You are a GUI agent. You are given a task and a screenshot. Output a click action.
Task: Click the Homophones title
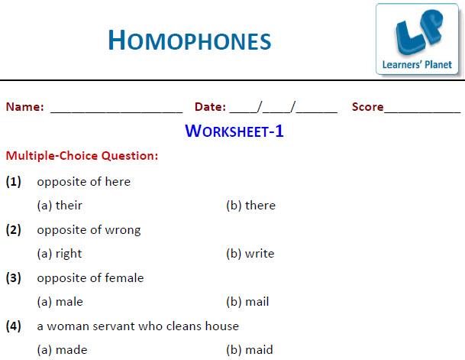[x=189, y=40]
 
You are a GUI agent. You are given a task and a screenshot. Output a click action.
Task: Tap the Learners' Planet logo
[x=417, y=39]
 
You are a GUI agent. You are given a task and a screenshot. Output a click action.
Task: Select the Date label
[x=210, y=107]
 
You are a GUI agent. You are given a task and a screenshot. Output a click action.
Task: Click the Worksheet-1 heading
[x=234, y=131]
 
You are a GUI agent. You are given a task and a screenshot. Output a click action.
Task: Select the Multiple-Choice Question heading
[x=82, y=155]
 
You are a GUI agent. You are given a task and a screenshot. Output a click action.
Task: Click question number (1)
[x=13, y=182]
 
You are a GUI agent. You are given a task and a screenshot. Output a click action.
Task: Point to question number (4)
[x=13, y=326]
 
